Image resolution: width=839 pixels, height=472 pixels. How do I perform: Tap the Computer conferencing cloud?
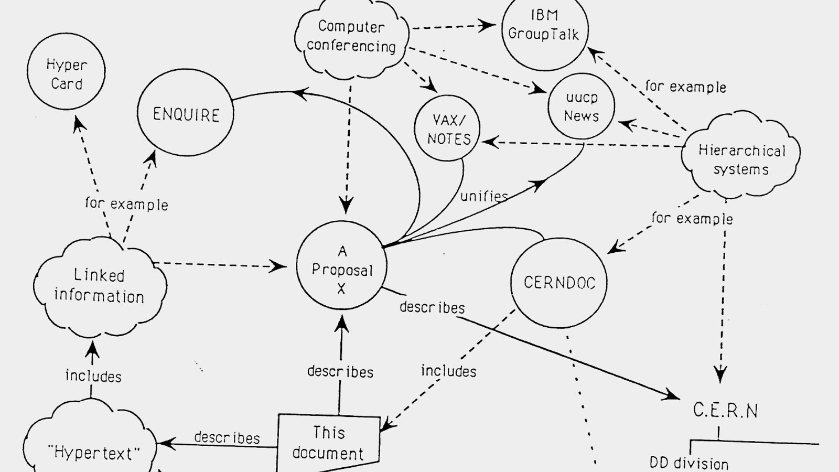[x=351, y=37]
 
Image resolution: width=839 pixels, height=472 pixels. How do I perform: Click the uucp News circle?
[x=581, y=107]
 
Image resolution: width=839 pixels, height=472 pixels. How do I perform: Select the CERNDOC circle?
[x=559, y=283]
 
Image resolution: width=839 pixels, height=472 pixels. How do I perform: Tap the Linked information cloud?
[x=99, y=286]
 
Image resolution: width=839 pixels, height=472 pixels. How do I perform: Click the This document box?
[x=328, y=443]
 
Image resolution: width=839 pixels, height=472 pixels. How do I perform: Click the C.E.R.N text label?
[x=725, y=410]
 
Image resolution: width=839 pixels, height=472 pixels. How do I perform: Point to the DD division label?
[x=689, y=463]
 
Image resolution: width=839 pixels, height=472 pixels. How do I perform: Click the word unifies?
[x=484, y=196]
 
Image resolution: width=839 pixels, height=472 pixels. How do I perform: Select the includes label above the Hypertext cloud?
[x=93, y=376]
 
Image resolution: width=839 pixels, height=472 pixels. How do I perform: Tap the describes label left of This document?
[x=227, y=437]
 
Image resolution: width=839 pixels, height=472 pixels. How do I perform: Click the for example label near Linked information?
[x=126, y=203]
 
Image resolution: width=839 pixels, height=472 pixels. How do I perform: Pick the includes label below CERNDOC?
[x=448, y=371]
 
